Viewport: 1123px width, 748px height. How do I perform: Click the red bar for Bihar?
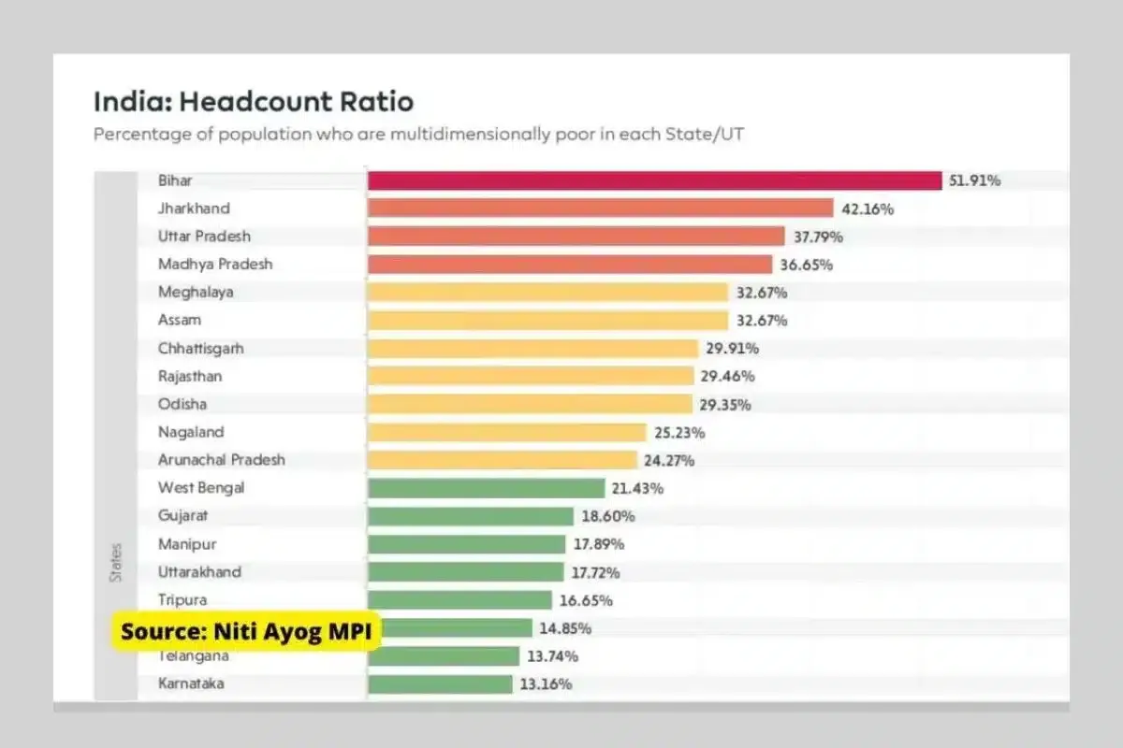point(654,180)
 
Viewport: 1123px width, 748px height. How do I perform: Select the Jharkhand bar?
point(600,209)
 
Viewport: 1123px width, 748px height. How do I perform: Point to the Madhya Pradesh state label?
point(215,265)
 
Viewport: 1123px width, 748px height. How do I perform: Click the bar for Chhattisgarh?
point(533,349)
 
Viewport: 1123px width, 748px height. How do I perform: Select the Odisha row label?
point(182,405)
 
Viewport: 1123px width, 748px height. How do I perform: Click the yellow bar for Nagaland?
point(507,433)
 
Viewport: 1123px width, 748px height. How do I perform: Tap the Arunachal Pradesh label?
point(222,460)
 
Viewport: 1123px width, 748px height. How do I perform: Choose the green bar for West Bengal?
point(487,488)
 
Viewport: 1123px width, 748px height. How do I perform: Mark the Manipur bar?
point(467,544)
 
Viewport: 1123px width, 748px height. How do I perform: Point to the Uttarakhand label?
point(199,572)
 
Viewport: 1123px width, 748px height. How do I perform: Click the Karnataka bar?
point(440,684)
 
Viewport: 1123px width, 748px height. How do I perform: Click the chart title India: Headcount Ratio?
point(254,101)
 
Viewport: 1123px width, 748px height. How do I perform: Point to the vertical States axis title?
point(116,562)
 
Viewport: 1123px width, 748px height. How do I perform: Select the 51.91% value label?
point(974,180)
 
